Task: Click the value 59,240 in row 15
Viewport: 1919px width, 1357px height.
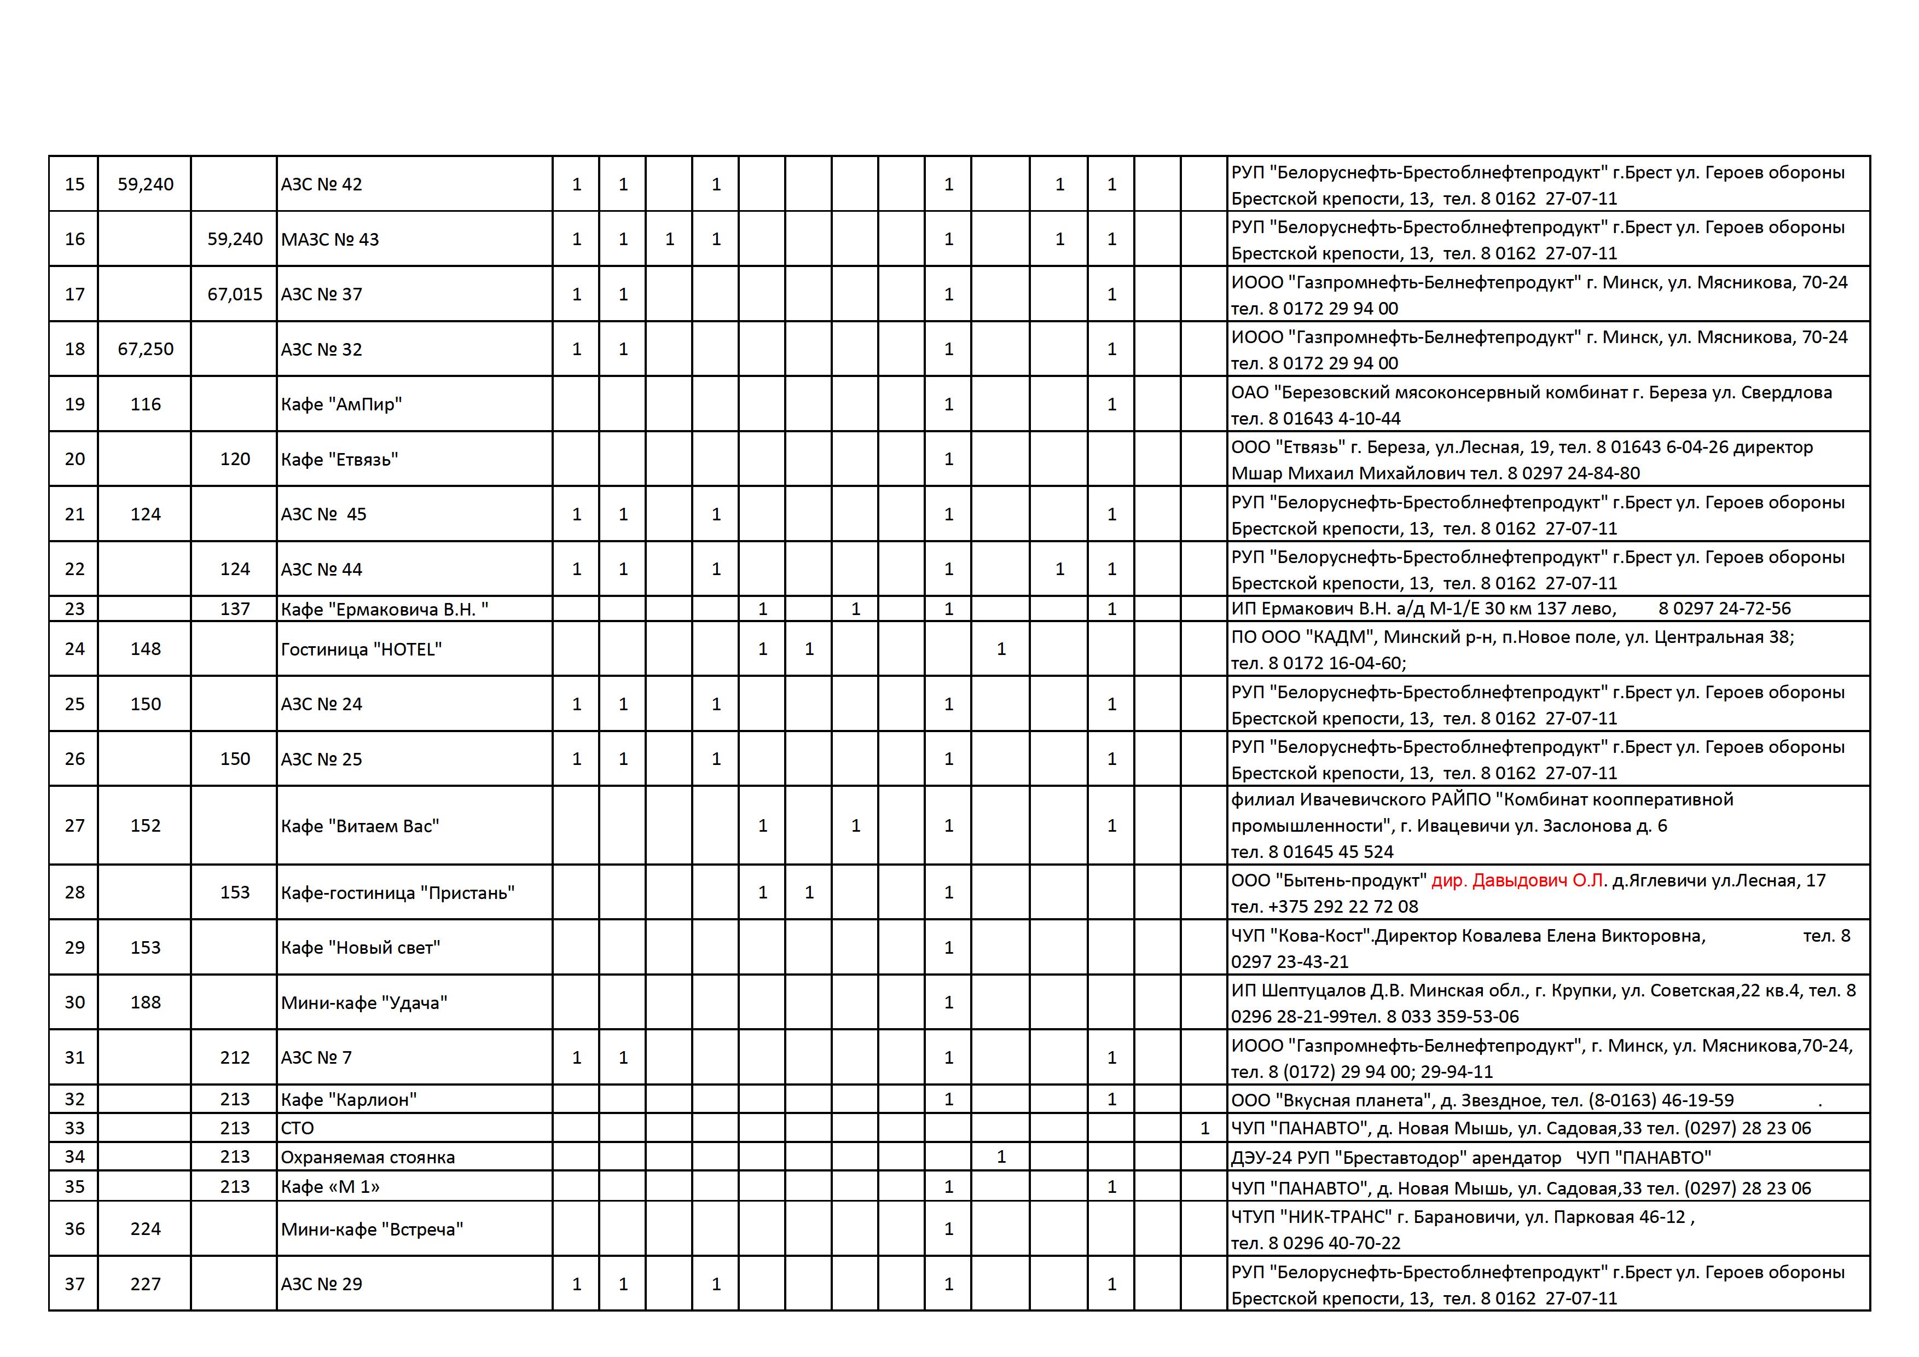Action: [x=146, y=184]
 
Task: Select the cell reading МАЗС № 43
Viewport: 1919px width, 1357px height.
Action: [x=330, y=239]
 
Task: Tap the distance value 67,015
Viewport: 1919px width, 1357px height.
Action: [x=235, y=294]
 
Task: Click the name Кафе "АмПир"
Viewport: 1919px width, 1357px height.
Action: [x=341, y=404]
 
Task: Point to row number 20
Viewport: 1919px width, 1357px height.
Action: [x=74, y=459]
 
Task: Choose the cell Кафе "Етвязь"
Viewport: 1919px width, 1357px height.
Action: [x=339, y=459]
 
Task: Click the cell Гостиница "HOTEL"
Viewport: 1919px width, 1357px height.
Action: [x=361, y=649]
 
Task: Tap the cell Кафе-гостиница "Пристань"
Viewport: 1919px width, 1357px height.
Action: [x=398, y=892]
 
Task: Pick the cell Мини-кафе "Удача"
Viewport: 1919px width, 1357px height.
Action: [x=364, y=1003]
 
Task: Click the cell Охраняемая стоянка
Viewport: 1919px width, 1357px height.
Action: [x=368, y=1157]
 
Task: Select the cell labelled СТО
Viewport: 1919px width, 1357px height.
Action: [x=298, y=1128]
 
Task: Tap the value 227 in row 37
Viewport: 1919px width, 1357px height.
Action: [x=146, y=1284]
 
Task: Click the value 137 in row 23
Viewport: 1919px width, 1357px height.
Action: [x=235, y=609]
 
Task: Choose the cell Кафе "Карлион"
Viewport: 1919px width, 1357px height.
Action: [x=349, y=1100]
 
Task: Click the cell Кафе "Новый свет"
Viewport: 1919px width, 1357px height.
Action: [x=360, y=948]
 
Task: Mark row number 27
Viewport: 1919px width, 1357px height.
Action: [x=74, y=826]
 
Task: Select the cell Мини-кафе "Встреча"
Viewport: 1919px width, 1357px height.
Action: [x=372, y=1229]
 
